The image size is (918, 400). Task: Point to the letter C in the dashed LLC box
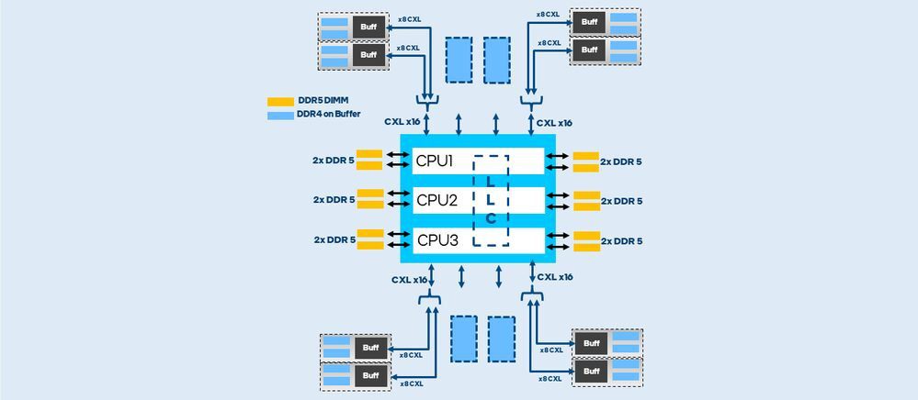pos(491,218)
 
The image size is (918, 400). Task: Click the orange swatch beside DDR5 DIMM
pos(280,102)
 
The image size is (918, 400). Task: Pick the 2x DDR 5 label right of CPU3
pos(622,240)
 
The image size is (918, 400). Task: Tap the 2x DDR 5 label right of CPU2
pos(622,201)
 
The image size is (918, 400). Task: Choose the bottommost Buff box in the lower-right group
pos(592,372)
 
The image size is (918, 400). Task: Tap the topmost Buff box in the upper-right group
pos(587,19)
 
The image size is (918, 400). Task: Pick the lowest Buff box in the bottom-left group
pos(370,375)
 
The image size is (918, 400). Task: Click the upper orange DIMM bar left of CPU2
pos(369,194)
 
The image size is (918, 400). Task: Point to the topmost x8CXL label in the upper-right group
pos(548,14)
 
